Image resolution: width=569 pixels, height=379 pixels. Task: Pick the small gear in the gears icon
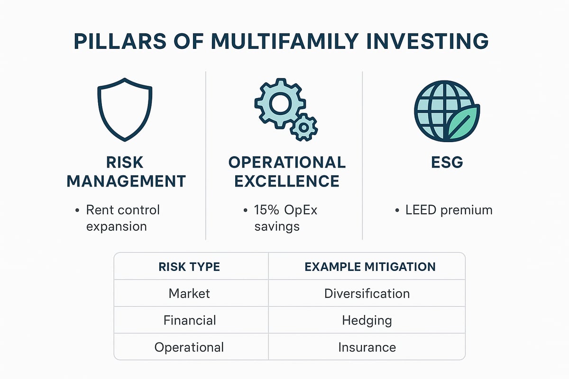(303, 126)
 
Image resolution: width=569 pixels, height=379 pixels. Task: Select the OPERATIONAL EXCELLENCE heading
(287, 171)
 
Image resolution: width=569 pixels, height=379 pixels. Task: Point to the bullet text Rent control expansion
(123, 218)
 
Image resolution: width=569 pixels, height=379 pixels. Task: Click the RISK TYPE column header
(189, 267)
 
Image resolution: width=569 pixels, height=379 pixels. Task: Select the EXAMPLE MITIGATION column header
(370, 267)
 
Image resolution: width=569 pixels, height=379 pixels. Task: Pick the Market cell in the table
(189, 294)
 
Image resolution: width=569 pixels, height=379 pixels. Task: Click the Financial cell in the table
(190, 321)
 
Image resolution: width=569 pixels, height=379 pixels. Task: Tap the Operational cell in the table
(189, 347)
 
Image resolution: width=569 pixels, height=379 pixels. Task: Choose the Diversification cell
(367, 294)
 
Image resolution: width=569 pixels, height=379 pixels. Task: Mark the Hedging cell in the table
(367, 321)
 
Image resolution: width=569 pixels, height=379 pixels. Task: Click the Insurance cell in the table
(367, 347)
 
